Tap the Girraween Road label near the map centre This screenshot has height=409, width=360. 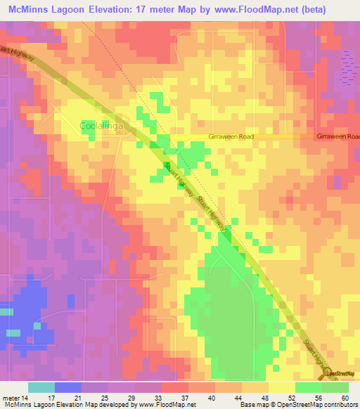231,137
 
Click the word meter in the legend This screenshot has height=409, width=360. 11,398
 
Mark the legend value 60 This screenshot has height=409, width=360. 345,398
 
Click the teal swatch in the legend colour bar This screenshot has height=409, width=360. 41,387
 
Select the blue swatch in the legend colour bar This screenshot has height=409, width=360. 68,387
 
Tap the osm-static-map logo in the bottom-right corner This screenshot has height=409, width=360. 340,374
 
